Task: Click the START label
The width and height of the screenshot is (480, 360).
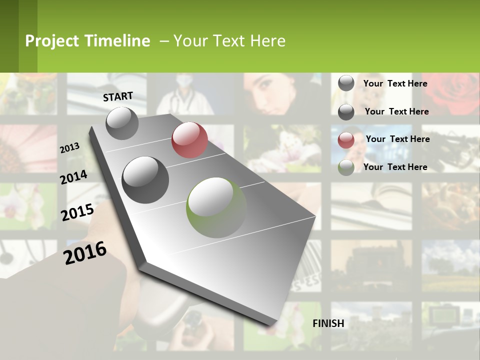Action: click(118, 96)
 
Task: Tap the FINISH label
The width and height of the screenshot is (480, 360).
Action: click(328, 323)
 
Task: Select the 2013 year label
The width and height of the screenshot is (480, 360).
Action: click(69, 148)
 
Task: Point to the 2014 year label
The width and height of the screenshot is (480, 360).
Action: click(73, 177)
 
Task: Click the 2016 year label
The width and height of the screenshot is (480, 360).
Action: click(85, 252)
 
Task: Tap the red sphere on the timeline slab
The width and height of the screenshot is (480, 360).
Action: click(189, 140)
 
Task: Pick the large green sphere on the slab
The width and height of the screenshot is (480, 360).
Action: click(216, 207)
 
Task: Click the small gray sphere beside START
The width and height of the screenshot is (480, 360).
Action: click(122, 123)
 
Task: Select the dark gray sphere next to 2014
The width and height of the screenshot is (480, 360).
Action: click(145, 179)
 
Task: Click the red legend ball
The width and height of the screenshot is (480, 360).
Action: click(346, 140)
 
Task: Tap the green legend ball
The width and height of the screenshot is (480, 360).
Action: click(346, 167)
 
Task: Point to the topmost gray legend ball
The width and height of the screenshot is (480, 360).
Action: click(346, 83)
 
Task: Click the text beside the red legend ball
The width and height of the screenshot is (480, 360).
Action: click(397, 139)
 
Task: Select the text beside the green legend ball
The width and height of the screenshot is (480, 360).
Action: click(395, 167)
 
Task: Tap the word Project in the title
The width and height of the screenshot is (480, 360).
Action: click(52, 41)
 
